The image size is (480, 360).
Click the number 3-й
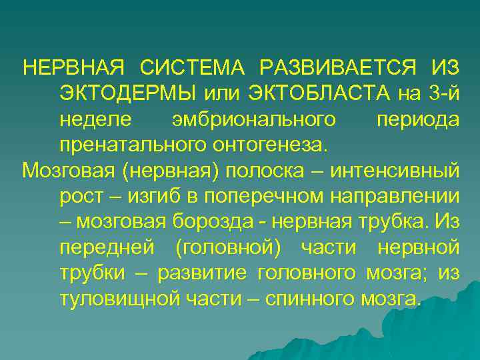(444, 94)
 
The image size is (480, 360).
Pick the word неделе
(95, 119)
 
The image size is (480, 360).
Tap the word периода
(417, 119)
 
